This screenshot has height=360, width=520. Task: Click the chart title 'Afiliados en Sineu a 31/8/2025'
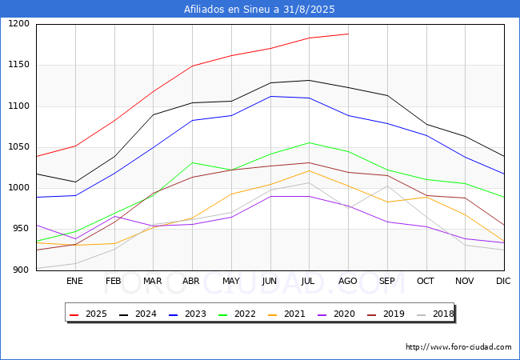click(x=259, y=10)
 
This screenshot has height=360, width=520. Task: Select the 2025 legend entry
click(x=89, y=314)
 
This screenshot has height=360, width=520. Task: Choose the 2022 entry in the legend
click(x=238, y=314)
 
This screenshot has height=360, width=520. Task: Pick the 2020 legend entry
click(x=337, y=314)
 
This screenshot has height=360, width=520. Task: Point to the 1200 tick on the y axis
click(x=19, y=24)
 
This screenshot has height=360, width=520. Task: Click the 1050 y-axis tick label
click(x=19, y=147)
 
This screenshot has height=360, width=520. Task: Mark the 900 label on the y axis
click(x=22, y=270)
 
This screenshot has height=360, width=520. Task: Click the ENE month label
click(x=74, y=281)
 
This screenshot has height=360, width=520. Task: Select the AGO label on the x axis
click(x=347, y=281)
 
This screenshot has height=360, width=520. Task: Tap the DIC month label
click(x=503, y=281)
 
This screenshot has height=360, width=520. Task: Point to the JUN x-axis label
click(x=270, y=281)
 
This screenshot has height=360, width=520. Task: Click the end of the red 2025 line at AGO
click(x=349, y=34)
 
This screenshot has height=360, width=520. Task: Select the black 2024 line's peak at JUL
click(x=310, y=80)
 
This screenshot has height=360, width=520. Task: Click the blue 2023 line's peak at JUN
click(x=270, y=97)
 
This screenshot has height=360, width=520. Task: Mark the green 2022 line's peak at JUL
click(x=310, y=143)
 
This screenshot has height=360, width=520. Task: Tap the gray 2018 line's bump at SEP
click(x=387, y=186)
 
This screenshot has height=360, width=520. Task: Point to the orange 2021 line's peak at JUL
click(x=310, y=170)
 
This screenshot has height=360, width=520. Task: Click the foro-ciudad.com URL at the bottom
click(x=458, y=347)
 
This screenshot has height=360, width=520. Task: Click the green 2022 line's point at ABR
click(x=192, y=162)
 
